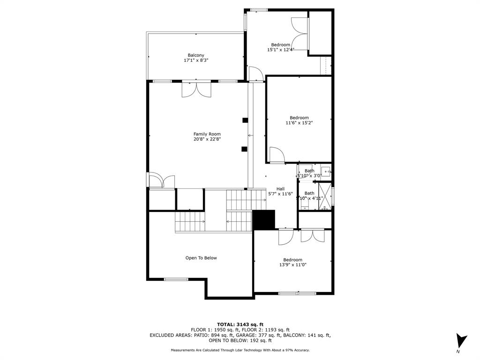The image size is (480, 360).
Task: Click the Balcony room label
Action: point(196,55)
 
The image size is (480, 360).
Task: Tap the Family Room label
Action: point(207,134)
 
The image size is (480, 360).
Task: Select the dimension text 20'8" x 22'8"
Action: point(207,139)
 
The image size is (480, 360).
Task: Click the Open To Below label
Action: point(201,258)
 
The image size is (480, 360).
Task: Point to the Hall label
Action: point(280,189)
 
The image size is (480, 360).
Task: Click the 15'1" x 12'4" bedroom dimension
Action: point(280,50)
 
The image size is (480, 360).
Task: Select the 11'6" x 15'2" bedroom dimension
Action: point(299,123)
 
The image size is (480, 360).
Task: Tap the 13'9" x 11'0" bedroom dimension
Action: point(292,265)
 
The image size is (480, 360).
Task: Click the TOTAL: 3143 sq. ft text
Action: point(240,324)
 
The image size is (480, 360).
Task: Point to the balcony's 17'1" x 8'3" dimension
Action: point(196,60)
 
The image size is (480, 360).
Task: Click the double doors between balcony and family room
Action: point(196,89)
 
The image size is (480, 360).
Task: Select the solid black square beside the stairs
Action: point(264,220)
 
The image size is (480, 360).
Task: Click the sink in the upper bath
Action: point(327,171)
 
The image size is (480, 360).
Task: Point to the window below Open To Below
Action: point(176,279)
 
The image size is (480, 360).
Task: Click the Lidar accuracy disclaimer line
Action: point(240,350)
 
